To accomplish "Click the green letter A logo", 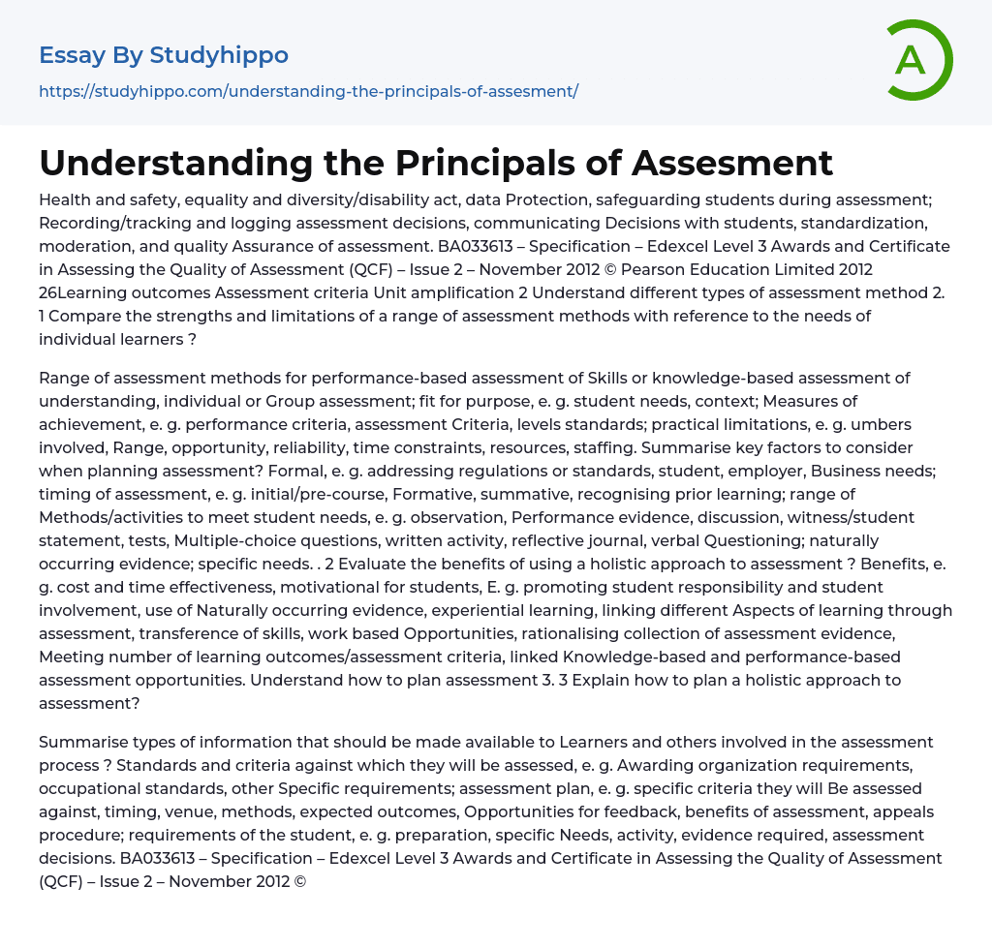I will (918, 60).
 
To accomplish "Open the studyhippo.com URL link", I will (308, 91).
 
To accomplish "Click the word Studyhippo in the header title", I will (219, 55).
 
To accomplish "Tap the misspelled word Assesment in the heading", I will (732, 163).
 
